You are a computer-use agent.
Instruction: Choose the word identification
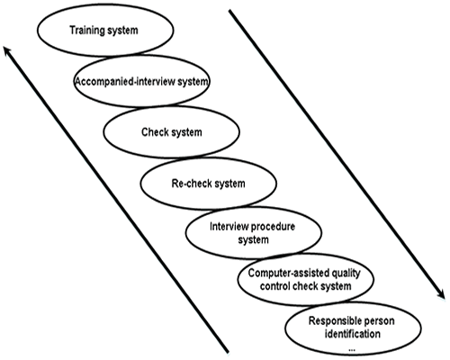353,334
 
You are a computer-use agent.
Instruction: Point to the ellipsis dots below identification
352,350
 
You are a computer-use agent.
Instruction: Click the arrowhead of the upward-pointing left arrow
6,49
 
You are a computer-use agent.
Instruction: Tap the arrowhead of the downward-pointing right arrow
442,295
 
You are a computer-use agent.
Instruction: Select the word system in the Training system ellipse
123,31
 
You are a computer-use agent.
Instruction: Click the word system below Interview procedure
254,240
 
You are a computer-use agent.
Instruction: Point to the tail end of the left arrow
228,352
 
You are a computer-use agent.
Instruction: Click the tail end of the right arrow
229,11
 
